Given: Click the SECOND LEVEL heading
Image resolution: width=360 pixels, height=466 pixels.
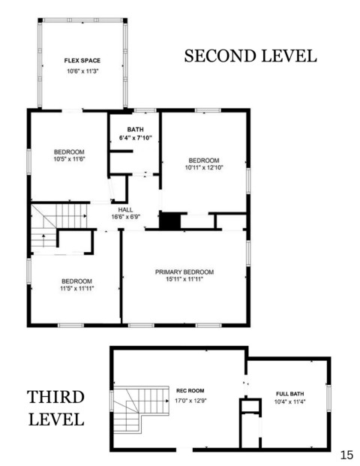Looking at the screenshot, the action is [250, 56].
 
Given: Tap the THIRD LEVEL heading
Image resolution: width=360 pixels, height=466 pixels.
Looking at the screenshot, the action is [55, 408].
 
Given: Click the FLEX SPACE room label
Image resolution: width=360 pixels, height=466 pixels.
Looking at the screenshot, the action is [82, 61].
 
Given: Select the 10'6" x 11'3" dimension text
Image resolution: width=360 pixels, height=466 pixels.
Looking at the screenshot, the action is [82, 71].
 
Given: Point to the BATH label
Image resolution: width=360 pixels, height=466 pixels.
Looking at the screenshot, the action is [136, 130].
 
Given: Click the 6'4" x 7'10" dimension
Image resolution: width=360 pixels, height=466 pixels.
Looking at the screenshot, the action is [136, 138].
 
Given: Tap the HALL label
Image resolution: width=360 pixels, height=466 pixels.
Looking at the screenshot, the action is [126, 210].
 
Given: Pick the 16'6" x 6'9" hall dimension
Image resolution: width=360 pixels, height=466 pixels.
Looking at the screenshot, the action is [126, 217].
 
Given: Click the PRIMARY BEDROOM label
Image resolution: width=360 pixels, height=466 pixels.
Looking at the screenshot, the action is [184, 272].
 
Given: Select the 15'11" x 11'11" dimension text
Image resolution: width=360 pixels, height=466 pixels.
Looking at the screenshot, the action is [184, 279].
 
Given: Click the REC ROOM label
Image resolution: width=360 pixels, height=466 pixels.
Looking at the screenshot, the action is [190, 390].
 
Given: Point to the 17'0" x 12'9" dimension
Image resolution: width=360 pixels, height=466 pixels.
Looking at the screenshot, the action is [190, 401].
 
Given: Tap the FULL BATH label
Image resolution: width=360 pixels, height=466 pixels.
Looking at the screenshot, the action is [290, 394].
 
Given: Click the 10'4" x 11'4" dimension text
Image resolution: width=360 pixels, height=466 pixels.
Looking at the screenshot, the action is [290, 401].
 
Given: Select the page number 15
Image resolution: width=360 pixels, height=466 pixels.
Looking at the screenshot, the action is [346, 455].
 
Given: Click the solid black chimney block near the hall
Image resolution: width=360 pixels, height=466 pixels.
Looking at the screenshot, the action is [170, 220].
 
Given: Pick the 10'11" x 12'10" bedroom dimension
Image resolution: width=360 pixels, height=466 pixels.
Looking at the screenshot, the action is [204, 167].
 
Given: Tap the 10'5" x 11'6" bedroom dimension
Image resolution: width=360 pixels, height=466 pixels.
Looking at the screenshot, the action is [69, 159].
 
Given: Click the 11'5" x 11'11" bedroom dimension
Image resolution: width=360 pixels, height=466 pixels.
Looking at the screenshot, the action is [77, 288].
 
